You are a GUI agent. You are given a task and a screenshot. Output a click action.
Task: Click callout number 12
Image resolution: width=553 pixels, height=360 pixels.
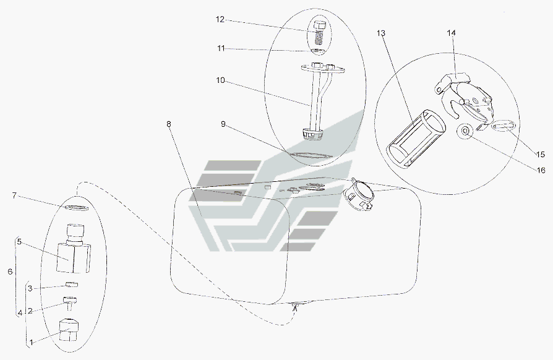point(220,20)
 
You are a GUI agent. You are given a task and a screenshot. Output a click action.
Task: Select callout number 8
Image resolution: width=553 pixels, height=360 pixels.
point(169,124)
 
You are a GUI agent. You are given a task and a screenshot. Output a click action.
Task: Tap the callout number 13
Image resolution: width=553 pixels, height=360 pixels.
point(381,33)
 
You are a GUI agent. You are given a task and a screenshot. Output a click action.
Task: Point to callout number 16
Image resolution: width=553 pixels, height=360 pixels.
point(541,170)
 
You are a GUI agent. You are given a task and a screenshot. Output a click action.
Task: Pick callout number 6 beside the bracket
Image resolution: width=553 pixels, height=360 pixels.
point(10,272)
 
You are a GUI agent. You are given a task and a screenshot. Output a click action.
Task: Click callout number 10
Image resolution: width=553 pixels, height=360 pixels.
point(220,80)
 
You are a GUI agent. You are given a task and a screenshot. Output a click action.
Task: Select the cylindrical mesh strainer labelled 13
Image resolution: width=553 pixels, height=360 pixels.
point(416,138)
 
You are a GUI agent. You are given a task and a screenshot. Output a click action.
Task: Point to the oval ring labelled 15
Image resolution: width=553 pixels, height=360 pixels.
point(504,126)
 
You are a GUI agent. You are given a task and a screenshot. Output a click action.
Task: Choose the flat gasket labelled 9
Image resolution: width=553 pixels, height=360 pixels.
point(311,155)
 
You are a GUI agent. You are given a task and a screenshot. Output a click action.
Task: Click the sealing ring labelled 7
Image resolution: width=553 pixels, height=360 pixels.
point(76,208)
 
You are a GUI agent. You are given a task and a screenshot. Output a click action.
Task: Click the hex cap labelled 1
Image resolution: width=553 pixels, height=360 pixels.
point(69,330)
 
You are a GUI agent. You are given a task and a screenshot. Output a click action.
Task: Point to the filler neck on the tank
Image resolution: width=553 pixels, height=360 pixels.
point(358,194)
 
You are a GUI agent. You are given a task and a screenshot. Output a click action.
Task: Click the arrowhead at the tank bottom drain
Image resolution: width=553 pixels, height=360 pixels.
point(296,307)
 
